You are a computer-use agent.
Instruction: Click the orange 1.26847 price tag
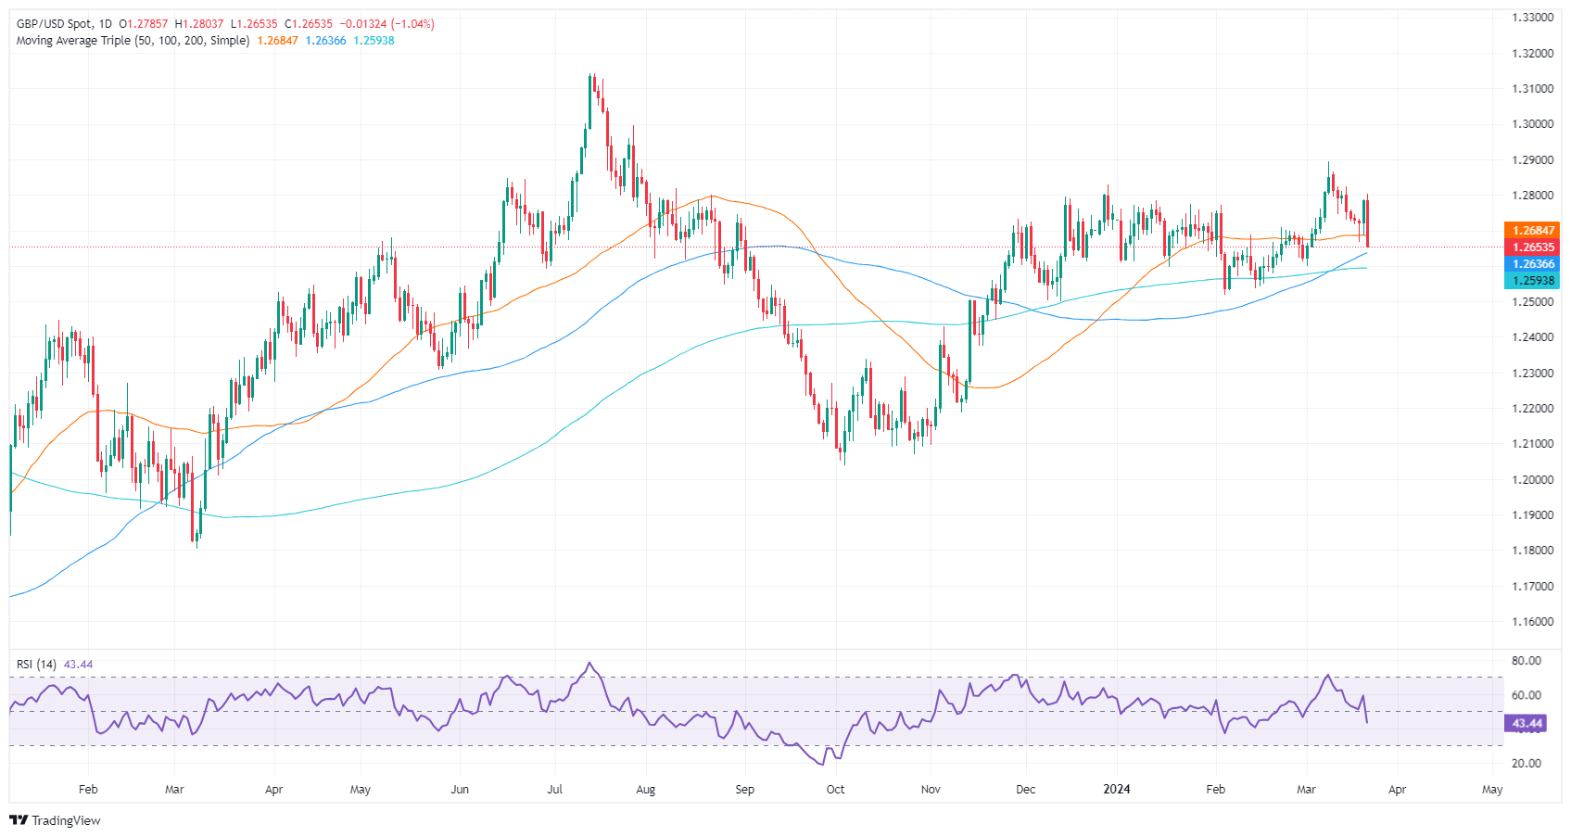coord(1532,231)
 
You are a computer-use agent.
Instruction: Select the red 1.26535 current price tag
coord(1532,247)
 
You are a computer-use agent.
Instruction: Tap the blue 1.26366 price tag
coord(1532,264)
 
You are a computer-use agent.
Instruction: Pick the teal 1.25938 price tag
coord(1532,281)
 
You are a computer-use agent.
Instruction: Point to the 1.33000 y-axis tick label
coord(1531,18)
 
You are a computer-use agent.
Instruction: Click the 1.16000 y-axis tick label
coord(1531,622)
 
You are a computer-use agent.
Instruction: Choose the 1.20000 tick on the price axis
coord(1531,479)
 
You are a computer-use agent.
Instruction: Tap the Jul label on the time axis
coord(554,790)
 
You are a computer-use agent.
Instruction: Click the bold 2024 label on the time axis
coord(1116,790)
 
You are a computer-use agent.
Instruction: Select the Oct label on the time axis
coord(835,790)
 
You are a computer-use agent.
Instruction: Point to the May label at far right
coord(1491,790)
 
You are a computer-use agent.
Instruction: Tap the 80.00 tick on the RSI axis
coord(1527,661)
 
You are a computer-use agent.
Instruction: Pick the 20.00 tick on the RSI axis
coord(1527,764)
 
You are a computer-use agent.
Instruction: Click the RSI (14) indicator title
coord(36,665)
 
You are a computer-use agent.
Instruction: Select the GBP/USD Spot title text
coord(55,24)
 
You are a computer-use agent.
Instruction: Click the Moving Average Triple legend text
coord(133,41)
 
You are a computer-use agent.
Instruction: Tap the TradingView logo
coord(55,820)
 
